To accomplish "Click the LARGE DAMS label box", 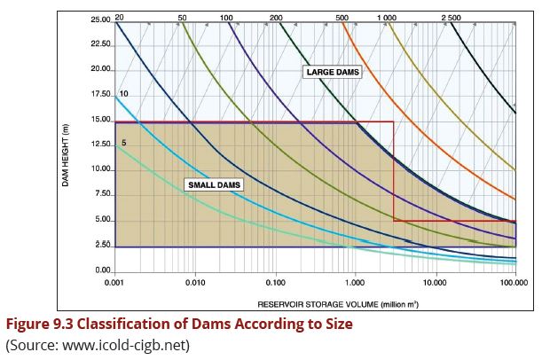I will coord(334,72).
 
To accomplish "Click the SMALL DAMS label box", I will coord(213,185).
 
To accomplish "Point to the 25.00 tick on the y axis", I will coord(99,19).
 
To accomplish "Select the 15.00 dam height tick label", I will coord(99,120).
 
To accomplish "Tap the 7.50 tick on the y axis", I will coord(101,194).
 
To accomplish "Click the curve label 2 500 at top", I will coord(451,18).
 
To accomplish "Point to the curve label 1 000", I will coord(386,18).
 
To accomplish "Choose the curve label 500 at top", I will coord(342,18).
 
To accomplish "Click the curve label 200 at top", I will coord(275,18).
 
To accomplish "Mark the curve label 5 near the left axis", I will coord(124,143).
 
